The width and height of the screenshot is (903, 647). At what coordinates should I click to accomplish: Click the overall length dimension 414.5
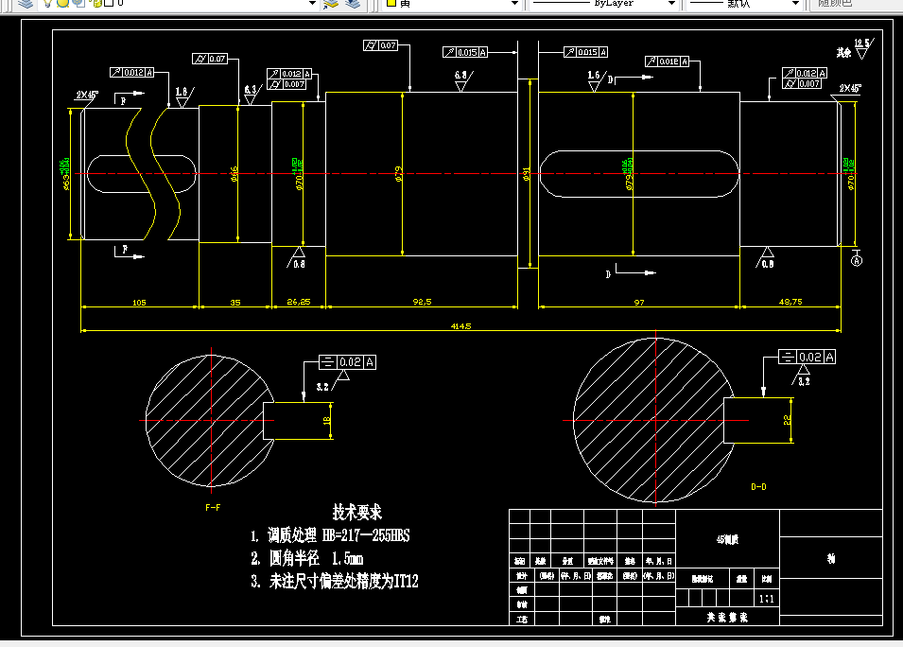(461, 325)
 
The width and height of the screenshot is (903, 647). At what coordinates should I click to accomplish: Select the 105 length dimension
(139, 302)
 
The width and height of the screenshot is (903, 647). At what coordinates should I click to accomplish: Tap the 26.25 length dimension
(298, 302)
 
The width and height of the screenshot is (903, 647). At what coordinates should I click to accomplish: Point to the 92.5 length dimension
(422, 302)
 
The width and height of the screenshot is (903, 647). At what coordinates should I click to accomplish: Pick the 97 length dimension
(638, 302)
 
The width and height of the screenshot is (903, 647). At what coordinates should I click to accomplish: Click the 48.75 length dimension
(790, 302)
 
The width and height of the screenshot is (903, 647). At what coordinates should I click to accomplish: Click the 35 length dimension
(235, 302)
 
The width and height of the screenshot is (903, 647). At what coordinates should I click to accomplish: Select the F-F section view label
(213, 508)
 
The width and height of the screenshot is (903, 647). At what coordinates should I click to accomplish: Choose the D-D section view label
(758, 487)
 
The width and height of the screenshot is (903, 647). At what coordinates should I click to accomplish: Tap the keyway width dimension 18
(327, 419)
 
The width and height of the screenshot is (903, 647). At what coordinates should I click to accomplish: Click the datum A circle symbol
(857, 259)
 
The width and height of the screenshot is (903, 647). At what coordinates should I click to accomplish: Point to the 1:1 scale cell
(767, 599)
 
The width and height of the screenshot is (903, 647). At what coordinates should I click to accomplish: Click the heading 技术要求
(357, 512)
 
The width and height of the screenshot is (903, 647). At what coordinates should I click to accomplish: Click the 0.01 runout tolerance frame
(668, 61)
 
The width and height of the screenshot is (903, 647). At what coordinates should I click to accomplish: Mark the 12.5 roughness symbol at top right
(860, 44)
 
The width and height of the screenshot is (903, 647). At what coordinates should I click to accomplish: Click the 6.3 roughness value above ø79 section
(461, 75)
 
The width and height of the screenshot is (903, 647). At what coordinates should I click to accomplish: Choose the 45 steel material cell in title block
(727, 539)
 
